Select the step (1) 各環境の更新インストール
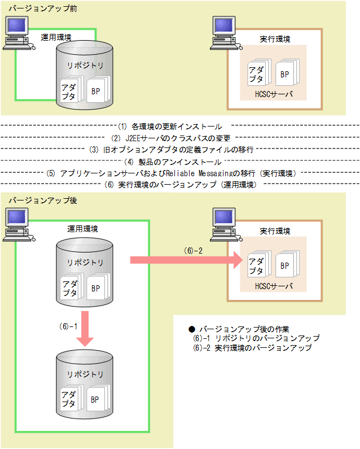coord(169,127)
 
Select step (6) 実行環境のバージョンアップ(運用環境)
coord(181,184)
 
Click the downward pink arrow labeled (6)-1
coord(85,328)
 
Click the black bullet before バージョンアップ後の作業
coord(192,329)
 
